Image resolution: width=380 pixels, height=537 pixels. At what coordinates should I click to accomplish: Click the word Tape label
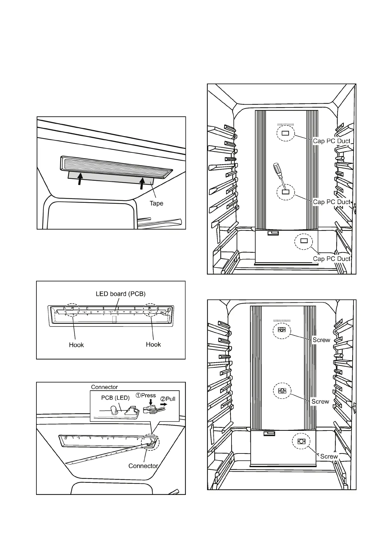coord(156,203)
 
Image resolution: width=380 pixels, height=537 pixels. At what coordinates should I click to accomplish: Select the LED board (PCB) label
coord(120,294)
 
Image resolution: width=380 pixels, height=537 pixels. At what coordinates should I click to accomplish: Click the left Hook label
coord(76,345)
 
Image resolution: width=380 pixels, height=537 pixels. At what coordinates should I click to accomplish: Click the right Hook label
coord(153,344)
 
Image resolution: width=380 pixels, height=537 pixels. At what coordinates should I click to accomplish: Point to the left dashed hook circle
coord(71,309)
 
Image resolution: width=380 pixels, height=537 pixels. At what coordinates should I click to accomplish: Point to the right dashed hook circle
coord(151,310)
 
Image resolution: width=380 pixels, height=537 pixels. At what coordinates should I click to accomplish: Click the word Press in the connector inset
coord(148,395)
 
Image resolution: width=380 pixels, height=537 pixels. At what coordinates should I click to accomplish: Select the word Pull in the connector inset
coord(170,399)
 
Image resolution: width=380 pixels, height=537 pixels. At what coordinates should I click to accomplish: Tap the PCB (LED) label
coord(115,398)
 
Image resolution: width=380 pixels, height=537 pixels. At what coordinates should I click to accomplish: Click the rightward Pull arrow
coord(163,404)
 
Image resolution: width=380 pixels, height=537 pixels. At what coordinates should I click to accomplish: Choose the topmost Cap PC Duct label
coord(331,141)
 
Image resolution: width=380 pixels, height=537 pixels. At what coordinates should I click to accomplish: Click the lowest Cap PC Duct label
coord(331,259)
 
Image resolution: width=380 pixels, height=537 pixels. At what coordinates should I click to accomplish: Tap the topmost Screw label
coord(321,340)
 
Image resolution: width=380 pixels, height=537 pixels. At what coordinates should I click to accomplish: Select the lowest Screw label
coord(329,456)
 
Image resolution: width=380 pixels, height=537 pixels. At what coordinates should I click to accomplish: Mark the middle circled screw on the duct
coord(282,391)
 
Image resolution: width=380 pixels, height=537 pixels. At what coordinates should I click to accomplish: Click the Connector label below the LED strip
coord(143,466)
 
